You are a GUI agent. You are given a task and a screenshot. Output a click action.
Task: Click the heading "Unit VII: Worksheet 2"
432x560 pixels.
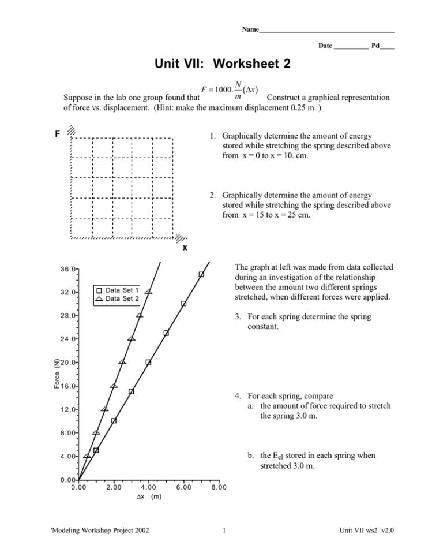pos(222,64)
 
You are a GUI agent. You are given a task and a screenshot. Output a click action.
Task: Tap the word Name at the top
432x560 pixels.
pos(250,29)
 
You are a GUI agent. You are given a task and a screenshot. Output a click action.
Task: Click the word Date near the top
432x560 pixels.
pos(325,46)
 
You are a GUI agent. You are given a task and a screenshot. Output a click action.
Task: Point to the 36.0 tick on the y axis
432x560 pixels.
pos(68,269)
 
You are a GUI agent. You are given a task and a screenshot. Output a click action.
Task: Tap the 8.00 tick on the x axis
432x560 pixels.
pos(219,487)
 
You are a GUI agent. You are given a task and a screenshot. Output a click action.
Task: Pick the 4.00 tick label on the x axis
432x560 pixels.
pos(148,487)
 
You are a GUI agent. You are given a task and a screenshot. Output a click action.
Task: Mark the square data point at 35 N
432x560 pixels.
pos(201,274)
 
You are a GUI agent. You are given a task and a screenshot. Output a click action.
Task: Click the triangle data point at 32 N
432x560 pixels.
pos(149,292)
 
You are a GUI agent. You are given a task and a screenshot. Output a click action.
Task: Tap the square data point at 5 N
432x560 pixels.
pos(96,450)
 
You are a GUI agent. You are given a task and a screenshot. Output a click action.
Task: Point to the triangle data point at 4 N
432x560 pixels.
pos(87,456)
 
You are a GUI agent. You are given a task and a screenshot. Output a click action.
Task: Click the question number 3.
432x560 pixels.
pos(238,317)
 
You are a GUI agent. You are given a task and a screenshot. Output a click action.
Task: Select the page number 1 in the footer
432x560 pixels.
pos(224,531)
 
